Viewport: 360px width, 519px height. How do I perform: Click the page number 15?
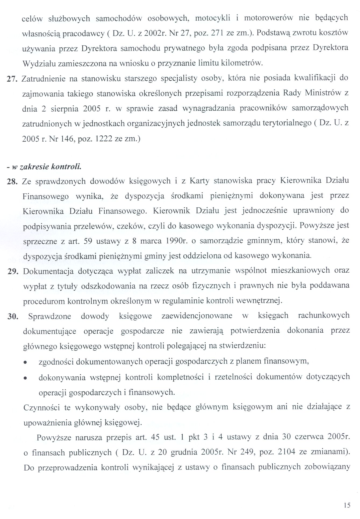[347, 505]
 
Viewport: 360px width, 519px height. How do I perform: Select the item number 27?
[12, 79]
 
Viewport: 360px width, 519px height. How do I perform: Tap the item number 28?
[12, 181]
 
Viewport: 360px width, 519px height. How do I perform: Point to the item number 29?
[12, 271]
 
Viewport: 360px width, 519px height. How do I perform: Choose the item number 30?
[12, 316]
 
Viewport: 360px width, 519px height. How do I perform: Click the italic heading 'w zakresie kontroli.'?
[45, 167]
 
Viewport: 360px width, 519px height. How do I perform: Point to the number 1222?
[101, 139]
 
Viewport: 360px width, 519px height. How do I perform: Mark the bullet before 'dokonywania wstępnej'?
[25, 378]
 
